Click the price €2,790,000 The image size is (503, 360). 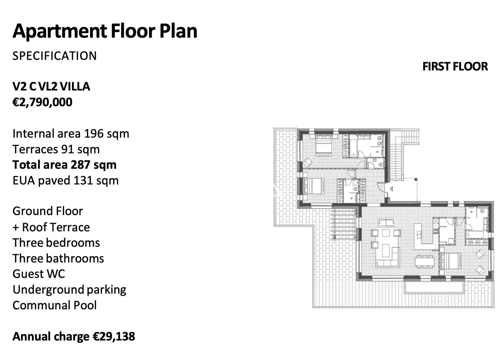point(42,102)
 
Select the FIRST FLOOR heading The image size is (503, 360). point(455,67)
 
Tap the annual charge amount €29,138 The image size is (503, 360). point(114,337)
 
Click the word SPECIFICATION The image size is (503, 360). point(55,56)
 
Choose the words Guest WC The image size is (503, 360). point(39,274)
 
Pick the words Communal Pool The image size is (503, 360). point(55,305)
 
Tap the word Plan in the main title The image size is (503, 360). point(178,31)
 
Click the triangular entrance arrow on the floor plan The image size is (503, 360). point(391,189)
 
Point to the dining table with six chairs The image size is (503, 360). point(425,261)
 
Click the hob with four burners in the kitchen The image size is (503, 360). point(436,231)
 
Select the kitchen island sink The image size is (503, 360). point(419,234)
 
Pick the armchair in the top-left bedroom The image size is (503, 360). point(308,163)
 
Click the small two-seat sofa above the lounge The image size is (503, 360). point(386,223)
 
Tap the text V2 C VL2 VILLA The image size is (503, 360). point(51,87)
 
